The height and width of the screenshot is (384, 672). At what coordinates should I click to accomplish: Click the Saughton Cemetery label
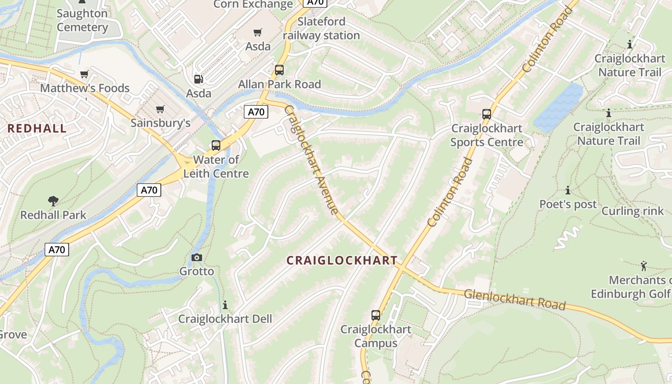82,20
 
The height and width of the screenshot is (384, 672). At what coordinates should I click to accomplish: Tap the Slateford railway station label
321,28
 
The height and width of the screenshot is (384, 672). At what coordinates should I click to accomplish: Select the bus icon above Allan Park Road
279,70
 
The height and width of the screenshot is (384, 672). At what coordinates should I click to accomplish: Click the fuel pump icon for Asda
198,79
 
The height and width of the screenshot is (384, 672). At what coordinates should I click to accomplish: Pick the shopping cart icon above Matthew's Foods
84,74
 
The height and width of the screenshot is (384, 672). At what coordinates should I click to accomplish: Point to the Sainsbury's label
160,123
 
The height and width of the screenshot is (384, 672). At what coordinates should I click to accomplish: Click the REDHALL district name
37,128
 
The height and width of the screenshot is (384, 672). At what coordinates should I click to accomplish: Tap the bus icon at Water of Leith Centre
216,145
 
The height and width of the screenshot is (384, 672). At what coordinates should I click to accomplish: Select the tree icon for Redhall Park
53,201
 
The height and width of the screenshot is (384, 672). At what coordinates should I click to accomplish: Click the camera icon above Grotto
196,258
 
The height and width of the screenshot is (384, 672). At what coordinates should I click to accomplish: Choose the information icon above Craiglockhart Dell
225,305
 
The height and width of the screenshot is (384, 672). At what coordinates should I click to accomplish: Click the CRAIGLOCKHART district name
342,260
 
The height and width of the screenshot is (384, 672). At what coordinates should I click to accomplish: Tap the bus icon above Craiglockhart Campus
376,315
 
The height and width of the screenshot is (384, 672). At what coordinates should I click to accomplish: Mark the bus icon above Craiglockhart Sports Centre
487,114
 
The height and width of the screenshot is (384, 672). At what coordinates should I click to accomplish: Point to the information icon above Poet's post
568,190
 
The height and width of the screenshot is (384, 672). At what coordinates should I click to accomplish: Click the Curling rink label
632,211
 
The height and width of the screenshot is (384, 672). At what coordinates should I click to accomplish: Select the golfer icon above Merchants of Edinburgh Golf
644,265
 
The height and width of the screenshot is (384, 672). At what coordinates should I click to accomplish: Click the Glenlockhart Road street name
515,299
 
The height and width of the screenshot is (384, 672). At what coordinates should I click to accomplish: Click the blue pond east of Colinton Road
558,108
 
